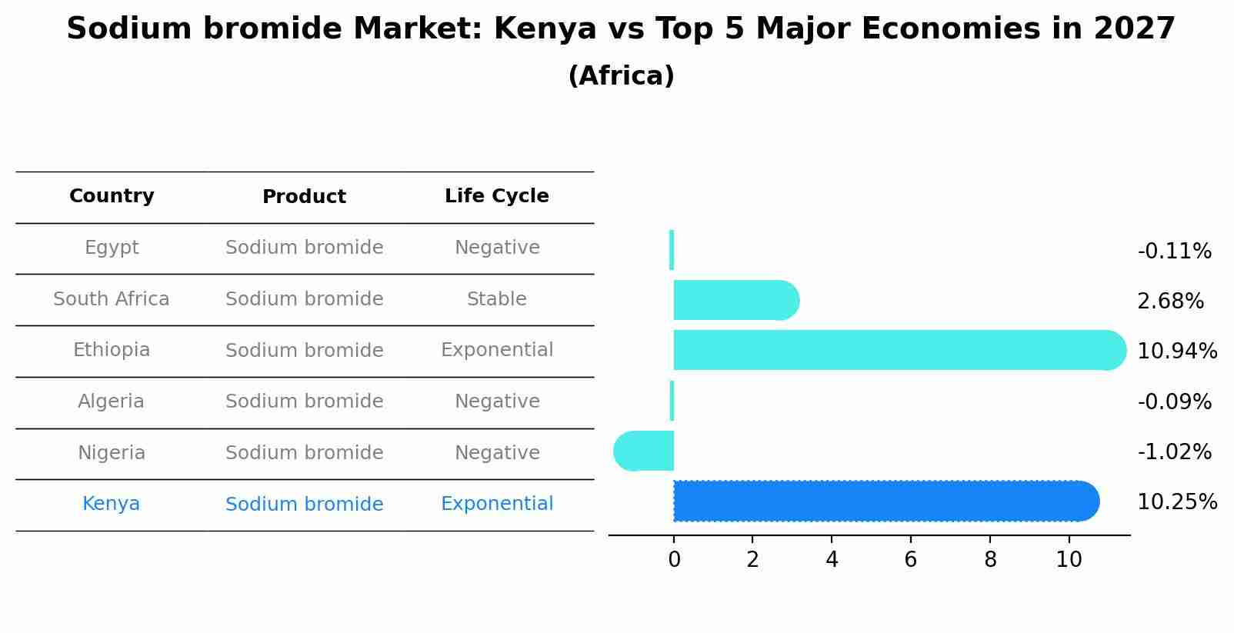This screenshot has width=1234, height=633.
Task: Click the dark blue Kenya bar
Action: pyautogui.click(x=885, y=501)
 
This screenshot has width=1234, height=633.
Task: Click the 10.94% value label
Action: pyautogui.click(x=1176, y=351)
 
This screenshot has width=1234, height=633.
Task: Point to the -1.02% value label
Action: pyautogui.click(x=1174, y=452)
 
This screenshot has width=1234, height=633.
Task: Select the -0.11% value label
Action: pyautogui.click(x=1174, y=252)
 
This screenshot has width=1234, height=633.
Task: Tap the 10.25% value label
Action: pyautogui.click(x=1176, y=502)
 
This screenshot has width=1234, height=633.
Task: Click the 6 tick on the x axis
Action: pyautogui.click(x=910, y=560)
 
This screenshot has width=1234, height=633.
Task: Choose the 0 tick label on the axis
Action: pyautogui.click(x=674, y=560)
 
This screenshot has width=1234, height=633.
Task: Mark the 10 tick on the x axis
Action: pyautogui.click(x=1069, y=560)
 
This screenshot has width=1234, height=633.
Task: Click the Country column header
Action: pyautogui.click(x=112, y=196)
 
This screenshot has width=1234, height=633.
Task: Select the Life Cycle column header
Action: pyautogui.click(x=496, y=196)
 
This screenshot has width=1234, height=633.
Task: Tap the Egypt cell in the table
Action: pyautogui.click(x=112, y=248)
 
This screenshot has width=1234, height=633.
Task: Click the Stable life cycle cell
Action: pyautogui.click(x=496, y=299)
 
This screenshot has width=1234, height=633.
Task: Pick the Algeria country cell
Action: pyautogui.click(x=111, y=401)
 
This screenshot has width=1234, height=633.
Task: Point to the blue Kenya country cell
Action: pyautogui.click(x=111, y=504)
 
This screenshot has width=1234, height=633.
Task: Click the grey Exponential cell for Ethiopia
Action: pyautogui.click(x=496, y=350)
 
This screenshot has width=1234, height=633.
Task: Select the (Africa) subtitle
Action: pyautogui.click(x=621, y=76)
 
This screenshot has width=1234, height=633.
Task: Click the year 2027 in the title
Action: pyautogui.click(x=1134, y=29)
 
